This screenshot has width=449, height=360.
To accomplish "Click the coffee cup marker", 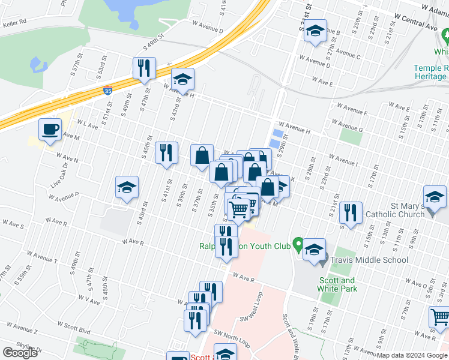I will (x=50, y=130).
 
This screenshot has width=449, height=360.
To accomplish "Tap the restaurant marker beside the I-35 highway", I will (x=144, y=68).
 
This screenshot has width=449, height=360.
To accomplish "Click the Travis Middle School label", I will (x=370, y=260).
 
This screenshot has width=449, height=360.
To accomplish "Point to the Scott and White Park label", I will (x=337, y=284).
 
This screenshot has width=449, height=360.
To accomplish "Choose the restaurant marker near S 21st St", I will (x=351, y=213).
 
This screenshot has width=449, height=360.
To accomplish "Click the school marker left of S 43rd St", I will (x=127, y=188).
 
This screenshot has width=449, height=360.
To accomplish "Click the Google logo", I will (x=20, y=353).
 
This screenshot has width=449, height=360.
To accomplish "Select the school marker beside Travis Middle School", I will (x=314, y=250).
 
